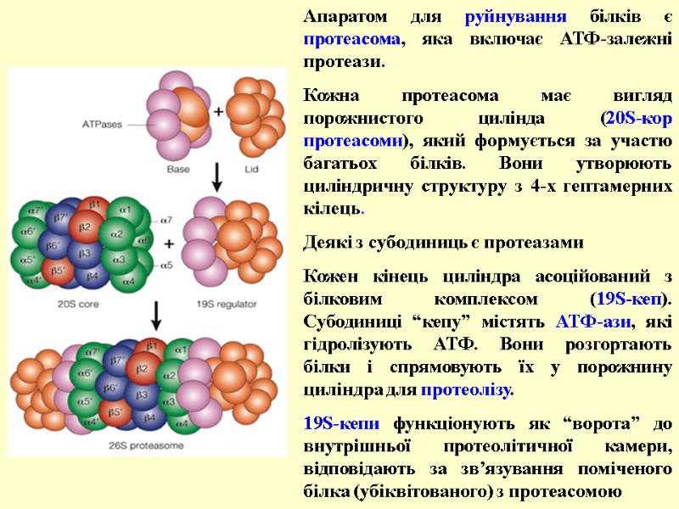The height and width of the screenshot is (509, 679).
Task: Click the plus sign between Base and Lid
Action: tap(217, 111)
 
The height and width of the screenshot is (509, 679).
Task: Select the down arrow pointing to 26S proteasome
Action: tap(156, 318)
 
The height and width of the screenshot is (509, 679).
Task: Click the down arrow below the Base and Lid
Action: tap(217, 176)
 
